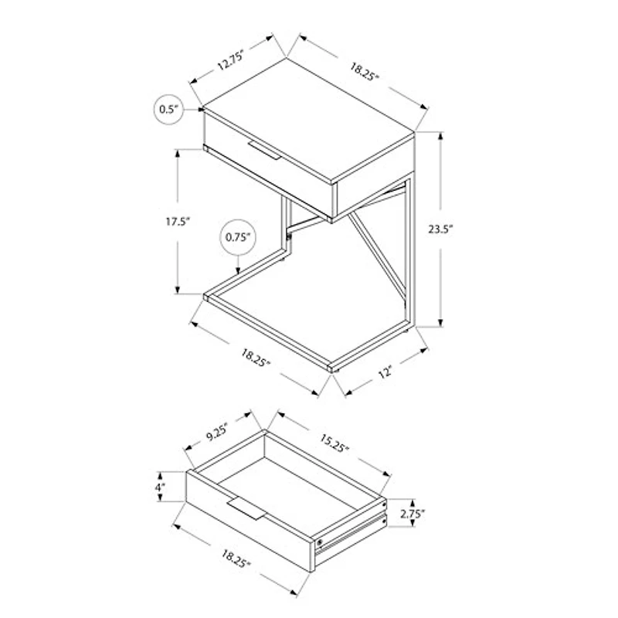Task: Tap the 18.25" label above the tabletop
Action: (x=364, y=71)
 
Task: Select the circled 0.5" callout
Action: (x=168, y=110)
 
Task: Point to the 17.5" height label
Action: (x=178, y=222)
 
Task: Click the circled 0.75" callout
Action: (x=238, y=237)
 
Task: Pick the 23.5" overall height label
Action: (x=441, y=229)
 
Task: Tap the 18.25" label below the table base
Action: (x=256, y=358)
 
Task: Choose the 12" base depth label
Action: (x=385, y=372)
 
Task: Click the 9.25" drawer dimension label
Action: (x=217, y=432)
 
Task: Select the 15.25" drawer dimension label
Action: (x=334, y=443)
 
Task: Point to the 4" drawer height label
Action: (x=160, y=487)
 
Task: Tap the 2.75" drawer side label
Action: (x=413, y=514)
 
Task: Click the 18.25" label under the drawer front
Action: (x=236, y=559)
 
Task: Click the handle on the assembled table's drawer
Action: (x=264, y=150)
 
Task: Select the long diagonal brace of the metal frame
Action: (x=377, y=256)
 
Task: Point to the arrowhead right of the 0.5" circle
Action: (x=201, y=109)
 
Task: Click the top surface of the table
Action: (x=308, y=121)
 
